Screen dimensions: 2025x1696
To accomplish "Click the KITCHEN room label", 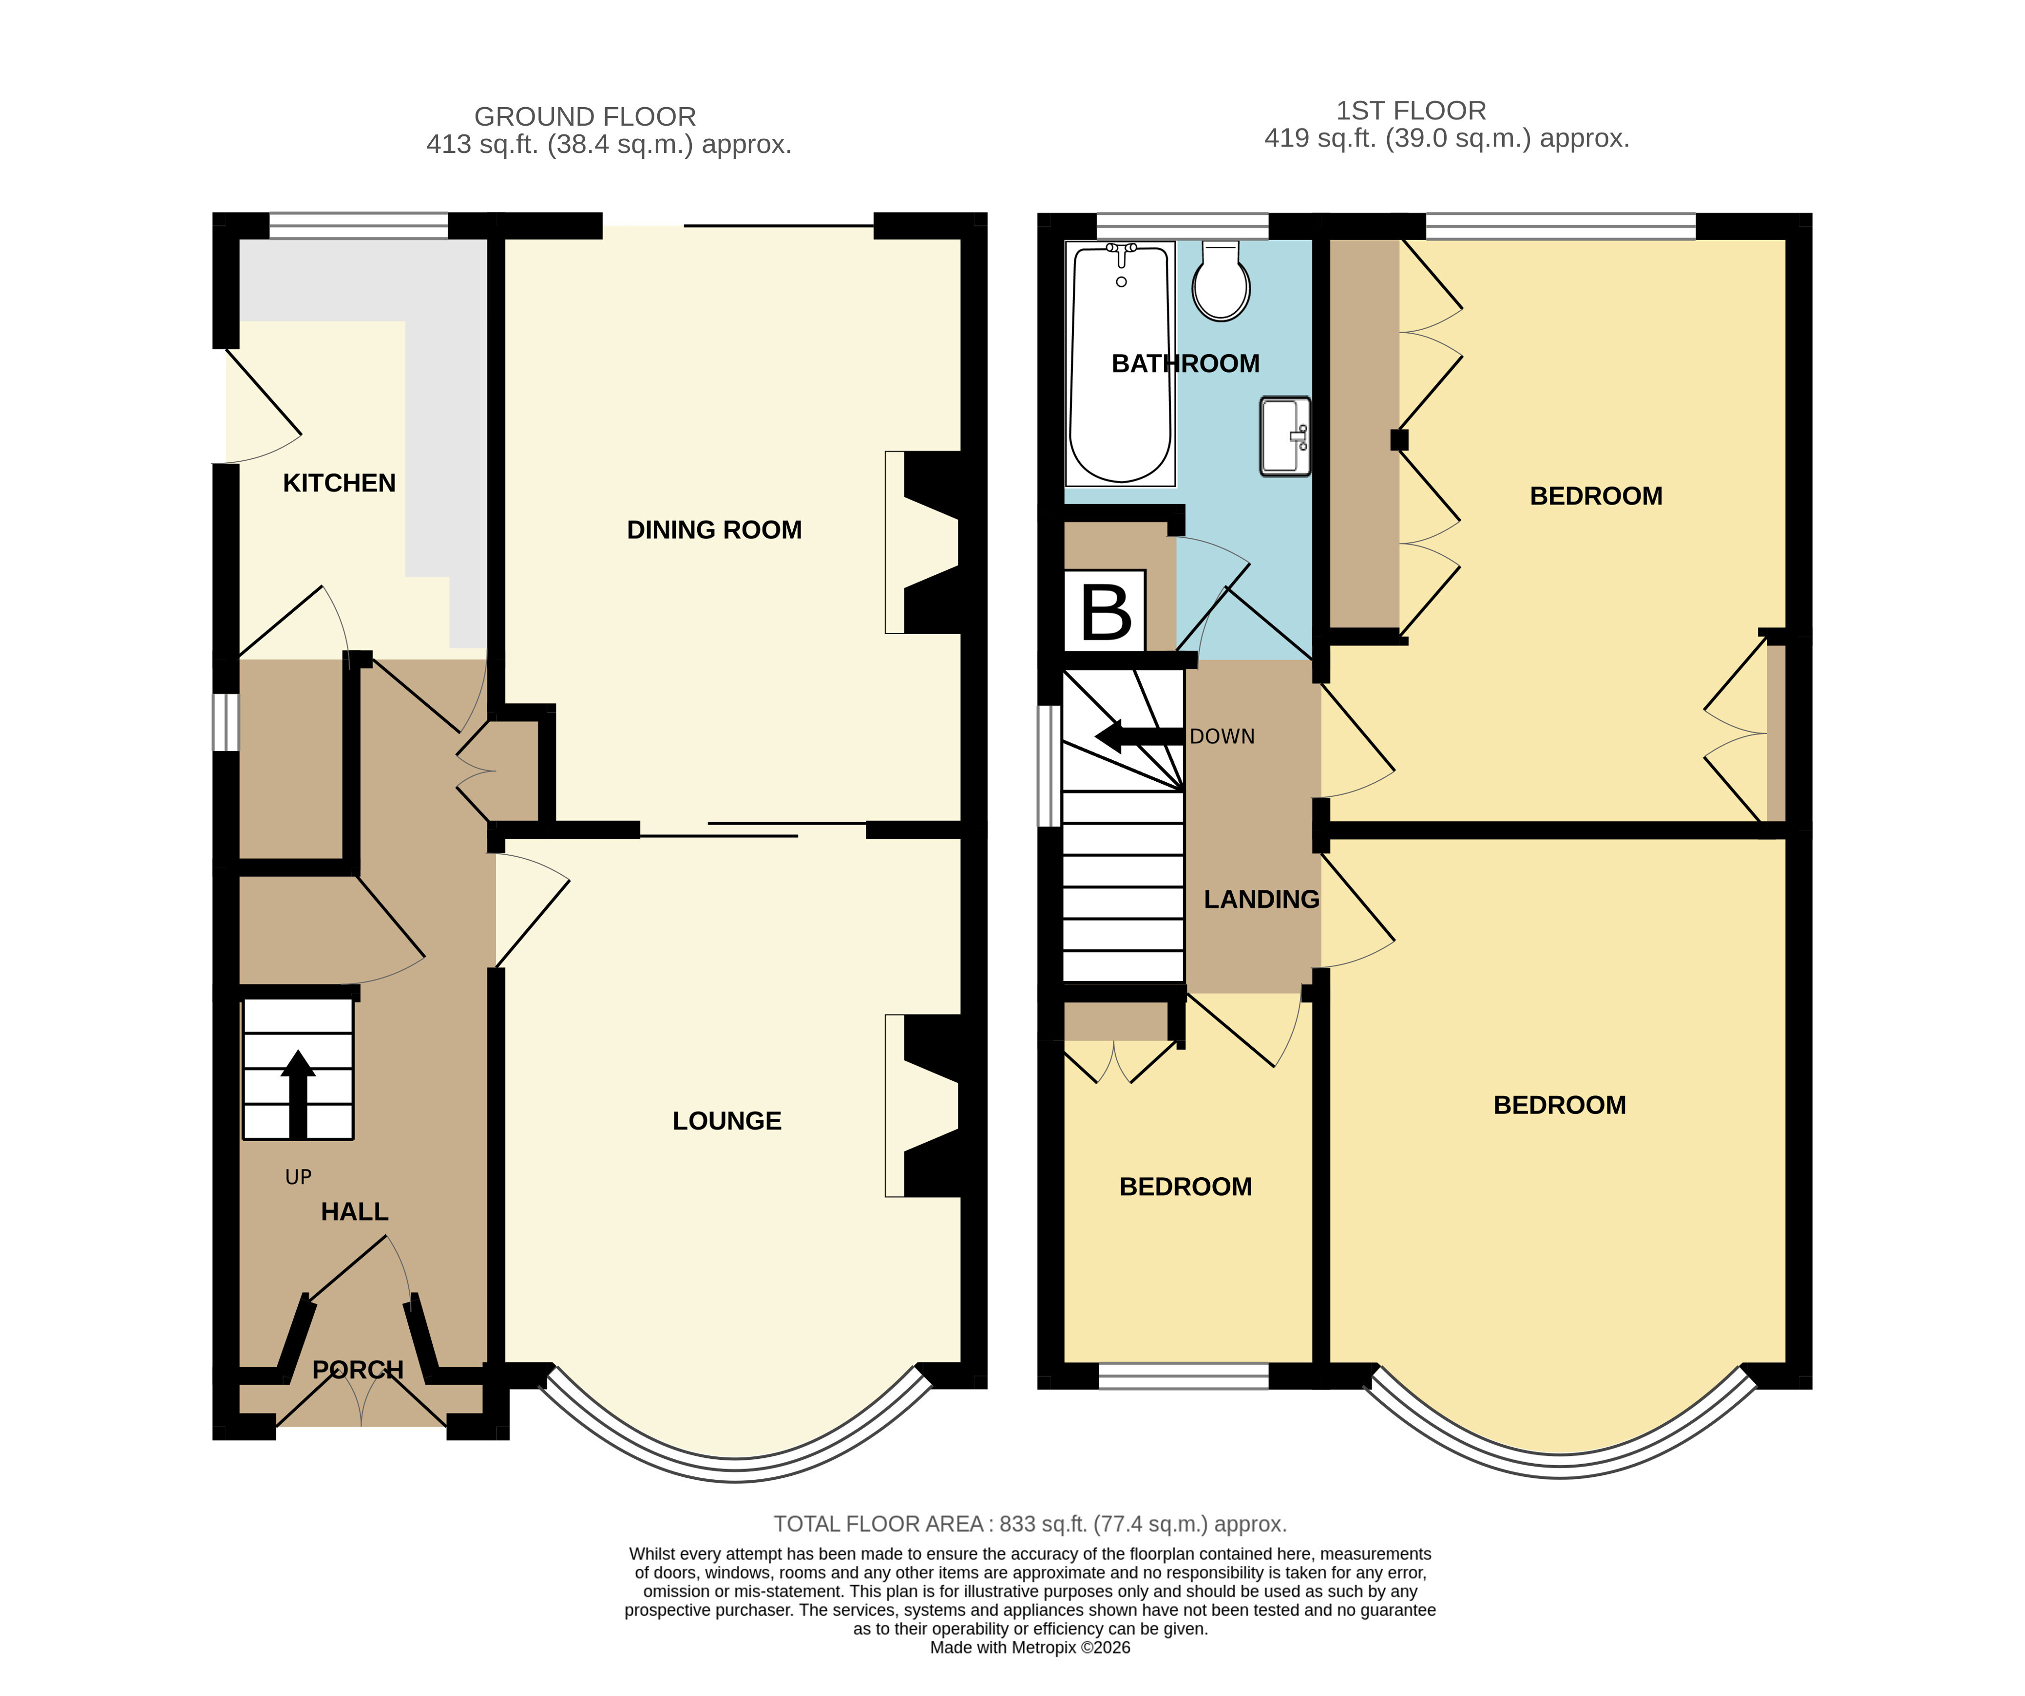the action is tap(340, 483).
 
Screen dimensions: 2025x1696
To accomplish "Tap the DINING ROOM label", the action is tap(714, 529).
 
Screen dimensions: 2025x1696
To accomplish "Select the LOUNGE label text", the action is tap(727, 1120).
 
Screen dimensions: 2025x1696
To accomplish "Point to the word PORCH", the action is tap(358, 1369).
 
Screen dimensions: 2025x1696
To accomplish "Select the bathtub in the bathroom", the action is tap(1121, 363).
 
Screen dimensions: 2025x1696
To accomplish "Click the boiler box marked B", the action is tap(1105, 611).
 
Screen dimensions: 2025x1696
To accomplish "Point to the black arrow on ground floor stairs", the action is tap(298, 1094).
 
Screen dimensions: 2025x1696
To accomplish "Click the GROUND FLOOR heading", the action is tap(585, 117).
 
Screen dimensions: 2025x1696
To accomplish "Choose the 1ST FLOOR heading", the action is tap(1411, 111).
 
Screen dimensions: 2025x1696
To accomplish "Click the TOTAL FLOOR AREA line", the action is tap(1030, 1525).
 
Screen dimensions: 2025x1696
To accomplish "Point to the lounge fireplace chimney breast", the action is tap(934, 1106).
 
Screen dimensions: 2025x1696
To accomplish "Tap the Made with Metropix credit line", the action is tap(1030, 1648).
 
